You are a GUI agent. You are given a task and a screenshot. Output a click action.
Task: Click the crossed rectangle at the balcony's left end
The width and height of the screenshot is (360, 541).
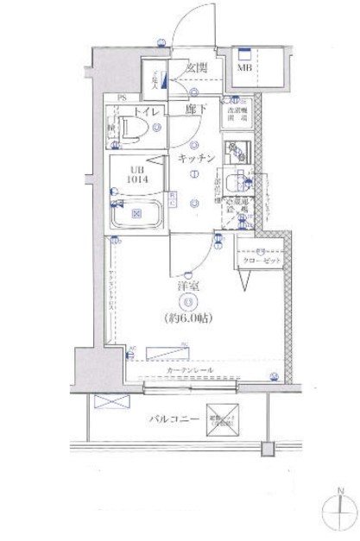pos(111,400)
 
